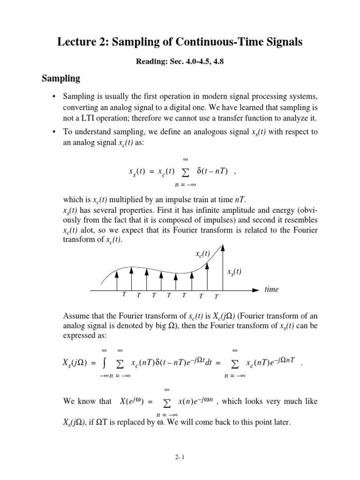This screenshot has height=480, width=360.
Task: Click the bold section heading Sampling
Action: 61,78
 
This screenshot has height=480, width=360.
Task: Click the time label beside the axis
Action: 271,289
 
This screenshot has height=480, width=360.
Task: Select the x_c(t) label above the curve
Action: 202,254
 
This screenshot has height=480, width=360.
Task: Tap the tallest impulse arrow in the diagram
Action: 223,267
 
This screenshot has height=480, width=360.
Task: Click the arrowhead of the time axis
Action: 255,290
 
